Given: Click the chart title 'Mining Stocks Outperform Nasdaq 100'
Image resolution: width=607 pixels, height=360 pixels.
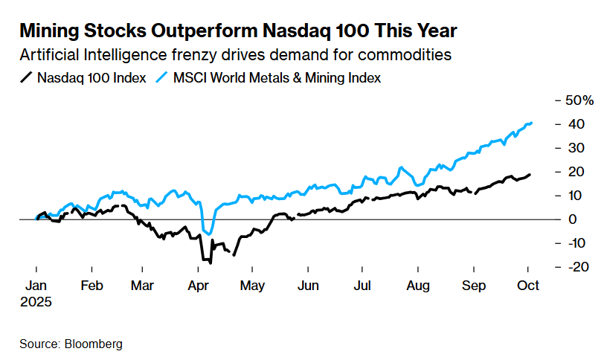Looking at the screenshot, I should (238, 31).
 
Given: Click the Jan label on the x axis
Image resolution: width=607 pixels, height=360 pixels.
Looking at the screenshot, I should (36, 285).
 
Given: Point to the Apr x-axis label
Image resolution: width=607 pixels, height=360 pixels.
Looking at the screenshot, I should (198, 285).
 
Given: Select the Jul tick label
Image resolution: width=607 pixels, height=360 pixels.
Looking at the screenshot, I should (362, 285).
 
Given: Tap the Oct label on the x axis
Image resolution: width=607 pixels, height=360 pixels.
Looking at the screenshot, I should (528, 285).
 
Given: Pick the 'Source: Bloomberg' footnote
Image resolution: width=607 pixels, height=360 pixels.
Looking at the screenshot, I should (71, 344).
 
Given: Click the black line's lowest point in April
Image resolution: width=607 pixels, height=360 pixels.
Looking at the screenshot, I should (211, 263).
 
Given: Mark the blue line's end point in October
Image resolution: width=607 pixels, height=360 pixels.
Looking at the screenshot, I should (531, 123).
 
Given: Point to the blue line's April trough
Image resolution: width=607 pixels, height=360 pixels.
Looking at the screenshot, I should (209, 234).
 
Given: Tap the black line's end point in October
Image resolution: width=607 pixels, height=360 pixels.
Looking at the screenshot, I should (530, 175).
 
